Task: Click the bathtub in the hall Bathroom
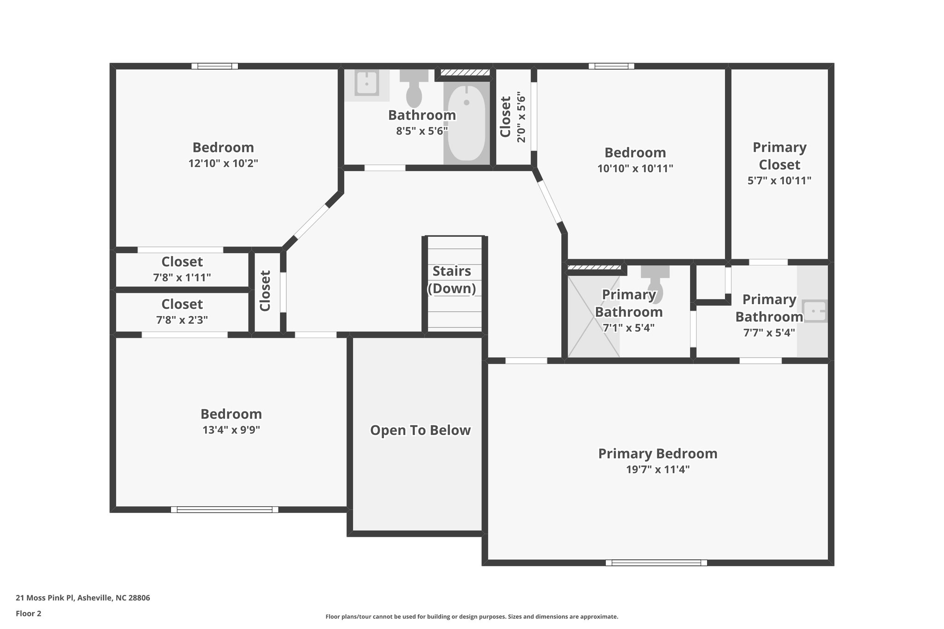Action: [x=466, y=123]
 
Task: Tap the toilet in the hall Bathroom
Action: [x=414, y=90]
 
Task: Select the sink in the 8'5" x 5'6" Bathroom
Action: [x=367, y=83]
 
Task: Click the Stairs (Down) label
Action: [x=452, y=280]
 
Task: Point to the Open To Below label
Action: [x=420, y=430]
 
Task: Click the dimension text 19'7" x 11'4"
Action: [x=657, y=470]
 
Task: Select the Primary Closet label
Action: [x=779, y=156]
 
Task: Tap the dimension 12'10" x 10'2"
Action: [x=223, y=163]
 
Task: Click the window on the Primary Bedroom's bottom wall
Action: [x=656, y=562]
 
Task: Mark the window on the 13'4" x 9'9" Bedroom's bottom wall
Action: [x=224, y=509]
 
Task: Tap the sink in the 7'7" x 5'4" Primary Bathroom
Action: [x=814, y=311]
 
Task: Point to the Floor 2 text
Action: [x=29, y=613]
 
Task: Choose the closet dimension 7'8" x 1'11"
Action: [x=182, y=277]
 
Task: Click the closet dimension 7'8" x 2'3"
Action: [x=182, y=320]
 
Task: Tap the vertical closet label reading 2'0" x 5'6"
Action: [x=521, y=117]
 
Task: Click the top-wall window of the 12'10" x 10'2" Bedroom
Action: [x=215, y=66]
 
